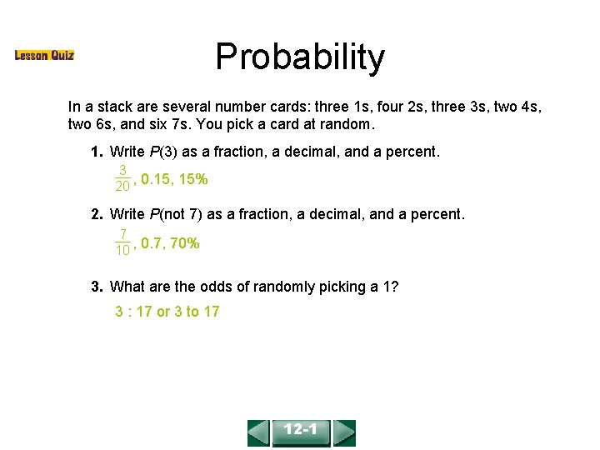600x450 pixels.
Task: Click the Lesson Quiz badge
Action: point(44,56)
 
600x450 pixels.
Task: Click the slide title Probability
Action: point(300,57)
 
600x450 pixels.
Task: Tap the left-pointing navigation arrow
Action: point(258,432)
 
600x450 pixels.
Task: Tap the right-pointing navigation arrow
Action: point(344,432)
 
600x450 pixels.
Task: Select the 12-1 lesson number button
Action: point(301,432)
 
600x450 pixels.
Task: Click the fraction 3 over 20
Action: point(122,178)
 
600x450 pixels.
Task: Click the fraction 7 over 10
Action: point(122,242)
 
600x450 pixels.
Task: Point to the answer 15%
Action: point(193,178)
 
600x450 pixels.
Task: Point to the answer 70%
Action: point(184,243)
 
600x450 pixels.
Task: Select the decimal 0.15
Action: point(155,178)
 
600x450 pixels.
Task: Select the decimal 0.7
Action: point(151,243)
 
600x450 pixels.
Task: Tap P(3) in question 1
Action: point(163,152)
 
